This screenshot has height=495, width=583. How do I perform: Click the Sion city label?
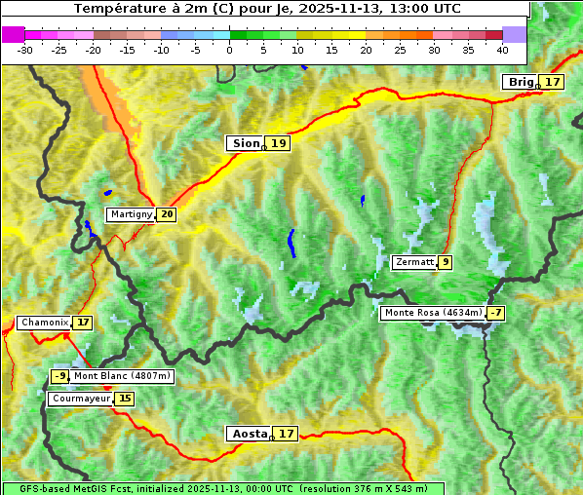(246, 143)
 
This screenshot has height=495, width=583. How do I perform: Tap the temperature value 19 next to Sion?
(279, 143)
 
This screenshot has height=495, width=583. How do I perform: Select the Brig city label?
(521, 82)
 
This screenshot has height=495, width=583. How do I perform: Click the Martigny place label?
(131, 214)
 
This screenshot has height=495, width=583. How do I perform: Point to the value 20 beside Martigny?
(166, 214)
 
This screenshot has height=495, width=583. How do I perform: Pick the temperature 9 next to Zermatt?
(446, 262)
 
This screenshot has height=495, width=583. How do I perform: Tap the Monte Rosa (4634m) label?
(433, 313)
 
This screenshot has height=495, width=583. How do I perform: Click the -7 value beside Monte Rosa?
(496, 313)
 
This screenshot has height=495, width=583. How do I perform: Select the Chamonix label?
(43, 323)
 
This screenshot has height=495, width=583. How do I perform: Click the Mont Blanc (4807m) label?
(122, 376)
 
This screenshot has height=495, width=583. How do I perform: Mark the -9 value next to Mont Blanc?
(60, 376)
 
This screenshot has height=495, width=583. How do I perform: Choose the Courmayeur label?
(81, 399)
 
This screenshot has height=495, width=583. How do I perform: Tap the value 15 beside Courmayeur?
(125, 399)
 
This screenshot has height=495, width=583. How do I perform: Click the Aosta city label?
(249, 434)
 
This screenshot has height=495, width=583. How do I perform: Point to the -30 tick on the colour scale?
(25, 50)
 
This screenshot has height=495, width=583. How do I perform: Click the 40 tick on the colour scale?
(502, 50)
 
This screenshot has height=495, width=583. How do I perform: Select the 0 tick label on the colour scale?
(229, 50)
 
